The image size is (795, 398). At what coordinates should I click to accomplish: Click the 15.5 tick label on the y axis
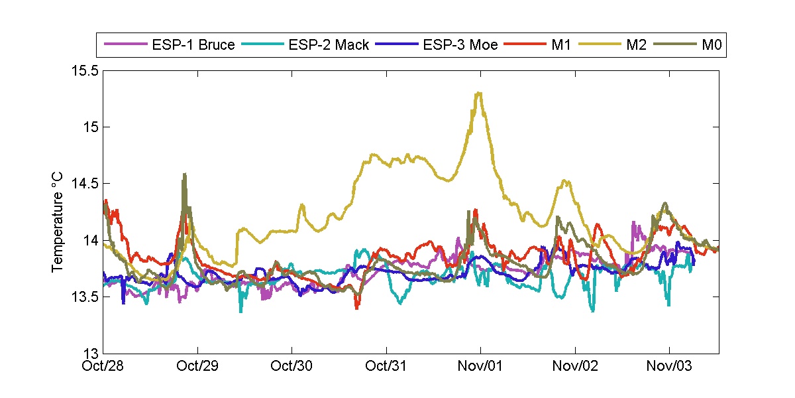coord(85,70)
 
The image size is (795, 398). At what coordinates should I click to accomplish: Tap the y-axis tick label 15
coord(90,127)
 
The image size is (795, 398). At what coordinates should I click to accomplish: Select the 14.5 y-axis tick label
coord(85,183)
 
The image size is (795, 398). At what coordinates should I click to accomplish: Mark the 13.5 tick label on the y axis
coord(85,297)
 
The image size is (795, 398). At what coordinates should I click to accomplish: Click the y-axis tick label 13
coord(90,353)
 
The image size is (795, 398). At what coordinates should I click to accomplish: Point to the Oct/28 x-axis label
coord(104,366)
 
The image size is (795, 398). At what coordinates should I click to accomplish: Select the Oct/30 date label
coord(292,366)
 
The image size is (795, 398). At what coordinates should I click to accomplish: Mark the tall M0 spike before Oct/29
coord(184,174)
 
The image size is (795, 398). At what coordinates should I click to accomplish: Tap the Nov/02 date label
coord(575,366)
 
